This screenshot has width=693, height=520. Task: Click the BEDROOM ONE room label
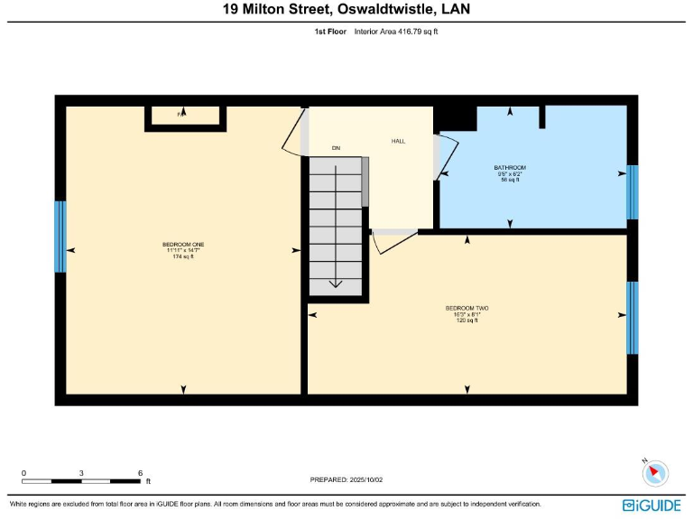pyautogui.click(x=183, y=245)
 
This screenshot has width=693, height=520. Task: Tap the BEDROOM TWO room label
pyautogui.click(x=467, y=308)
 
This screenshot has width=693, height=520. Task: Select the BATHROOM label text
pyautogui.click(x=510, y=168)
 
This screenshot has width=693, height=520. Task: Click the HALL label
pyautogui.click(x=398, y=142)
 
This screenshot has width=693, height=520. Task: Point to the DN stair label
pyautogui.click(x=336, y=147)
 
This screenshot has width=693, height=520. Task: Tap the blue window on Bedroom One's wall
pyautogui.click(x=60, y=237)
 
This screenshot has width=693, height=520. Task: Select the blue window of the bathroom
pyautogui.click(x=633, y=192)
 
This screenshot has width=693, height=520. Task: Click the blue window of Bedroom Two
pyautogui.click(x=633, y=318)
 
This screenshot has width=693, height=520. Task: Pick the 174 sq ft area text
pyautogui.click(x=183, y=257)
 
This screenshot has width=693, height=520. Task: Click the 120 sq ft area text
pyautogui.click(x=467, y=320)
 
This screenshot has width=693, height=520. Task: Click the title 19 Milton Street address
pyautogui.click(x=346, y=10)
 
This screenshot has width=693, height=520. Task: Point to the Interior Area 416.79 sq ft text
pyautogui.click(x=396, y=32)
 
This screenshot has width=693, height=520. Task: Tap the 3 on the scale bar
pyautogui.click(x=81, y=473)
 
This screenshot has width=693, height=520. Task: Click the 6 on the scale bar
pyautogui.click(x=140, y=473)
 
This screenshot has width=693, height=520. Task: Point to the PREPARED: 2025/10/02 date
pyautogui.click(x=346, y=479)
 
